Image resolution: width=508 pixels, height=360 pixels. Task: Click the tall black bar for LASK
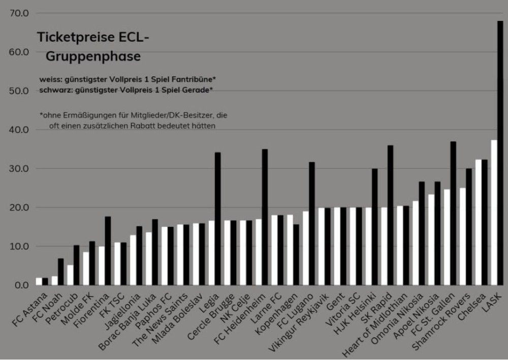click(x=500, y=153)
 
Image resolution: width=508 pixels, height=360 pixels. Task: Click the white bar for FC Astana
click(x=39, y=281)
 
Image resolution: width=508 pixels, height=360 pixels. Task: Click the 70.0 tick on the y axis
click(x=19, y=13)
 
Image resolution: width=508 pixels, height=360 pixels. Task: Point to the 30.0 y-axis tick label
click(x=19, y=169)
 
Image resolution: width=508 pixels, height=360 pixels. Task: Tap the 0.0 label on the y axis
click(x=21, y=285)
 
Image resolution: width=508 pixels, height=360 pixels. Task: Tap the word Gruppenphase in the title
click(x=93, y=57)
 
